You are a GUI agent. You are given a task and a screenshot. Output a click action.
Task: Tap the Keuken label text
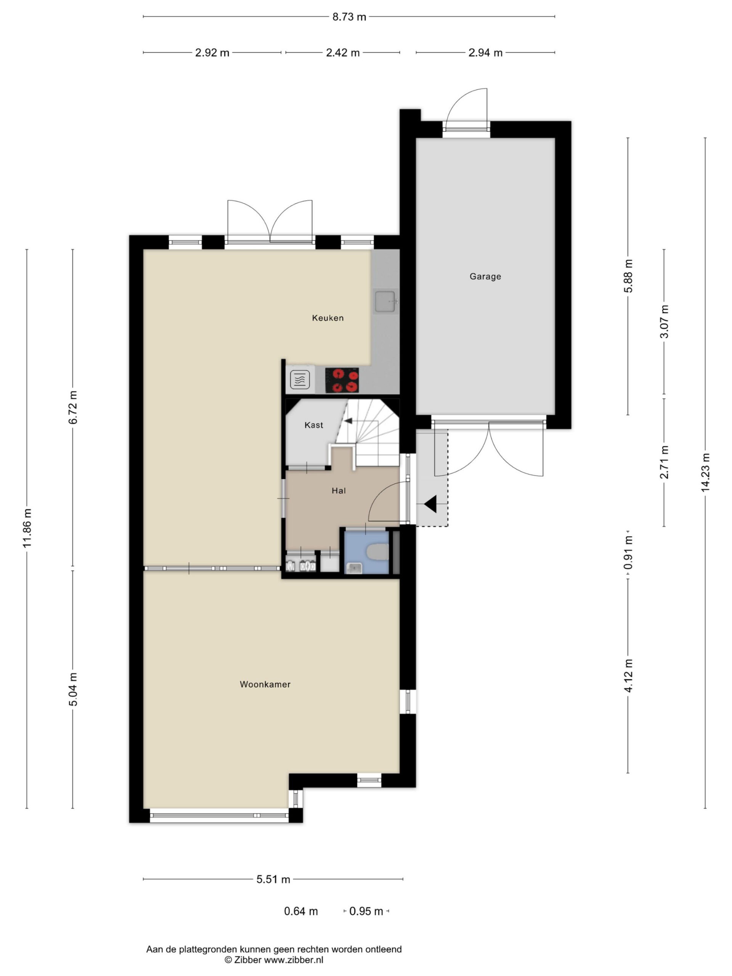(x=327, y=318)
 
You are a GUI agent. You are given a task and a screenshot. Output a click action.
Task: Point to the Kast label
(x=314, y=425)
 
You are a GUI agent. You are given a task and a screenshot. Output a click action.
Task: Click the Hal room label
(x=339, y=490)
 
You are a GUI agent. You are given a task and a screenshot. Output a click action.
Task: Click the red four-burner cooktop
(x=342, y=380)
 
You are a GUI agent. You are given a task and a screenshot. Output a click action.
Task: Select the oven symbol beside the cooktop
(x=300, y=379)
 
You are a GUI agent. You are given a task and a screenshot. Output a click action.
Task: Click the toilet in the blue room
(x=378, y=552)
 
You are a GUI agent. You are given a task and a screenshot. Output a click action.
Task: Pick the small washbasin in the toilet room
(x=354, y=568)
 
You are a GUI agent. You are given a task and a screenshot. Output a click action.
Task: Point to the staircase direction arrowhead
(x=348, y=421)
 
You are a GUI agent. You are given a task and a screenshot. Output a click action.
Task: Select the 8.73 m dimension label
(x=349, y=17)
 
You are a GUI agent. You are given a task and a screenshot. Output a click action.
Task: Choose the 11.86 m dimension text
(x=27, y=528)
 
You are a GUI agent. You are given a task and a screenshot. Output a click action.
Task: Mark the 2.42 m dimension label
(x=343, y=53)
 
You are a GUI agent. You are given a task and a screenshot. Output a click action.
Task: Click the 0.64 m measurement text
(x=301, y=911)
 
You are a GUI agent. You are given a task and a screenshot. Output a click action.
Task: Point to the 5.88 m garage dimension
(x=628, y=276)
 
